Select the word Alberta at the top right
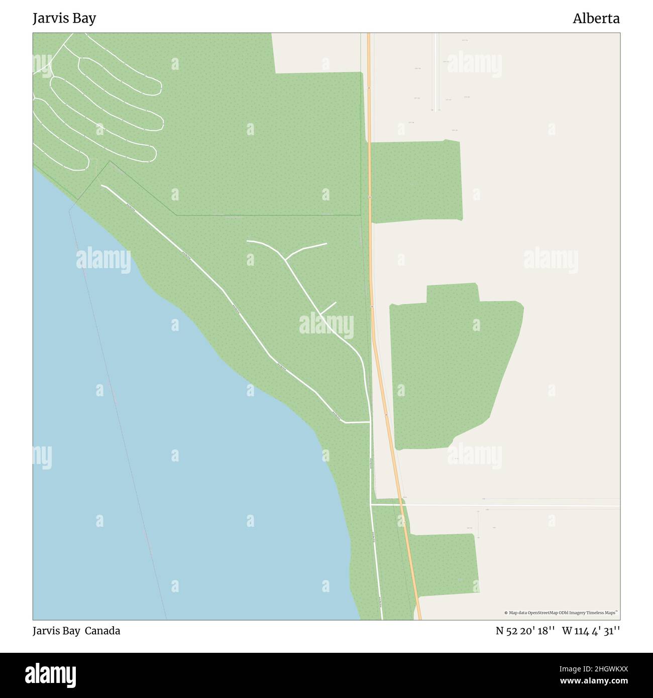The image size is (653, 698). point(596,19)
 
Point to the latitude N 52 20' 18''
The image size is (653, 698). point(525,631)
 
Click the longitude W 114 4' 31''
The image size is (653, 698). point(591,631)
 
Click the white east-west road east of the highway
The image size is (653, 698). point(502,505)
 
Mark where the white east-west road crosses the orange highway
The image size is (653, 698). point(402,505)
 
